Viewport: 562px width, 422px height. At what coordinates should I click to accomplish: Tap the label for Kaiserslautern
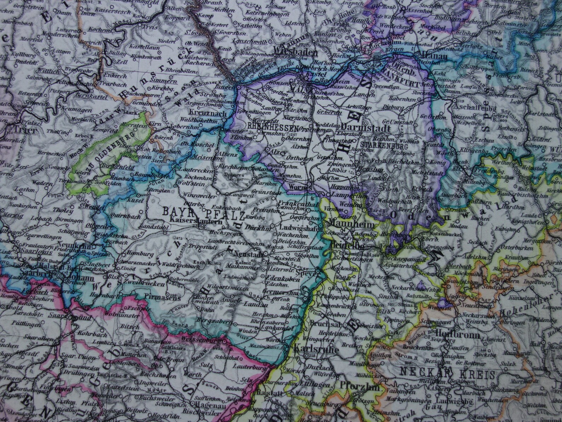[192, 220]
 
